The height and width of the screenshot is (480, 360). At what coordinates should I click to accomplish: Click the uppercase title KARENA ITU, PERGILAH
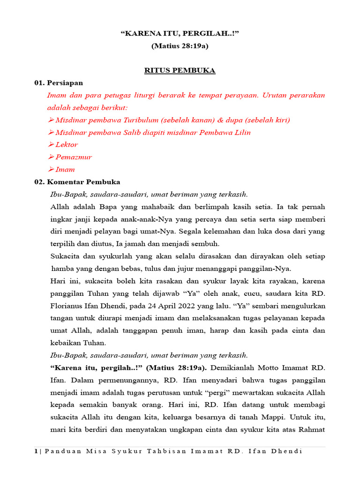coord(180,34)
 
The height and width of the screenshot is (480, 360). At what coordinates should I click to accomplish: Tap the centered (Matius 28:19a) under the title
coord(180,46)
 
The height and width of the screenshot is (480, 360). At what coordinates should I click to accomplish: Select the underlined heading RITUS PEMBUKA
coord(180,71)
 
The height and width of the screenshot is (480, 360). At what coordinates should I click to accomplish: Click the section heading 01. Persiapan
coord(59,83)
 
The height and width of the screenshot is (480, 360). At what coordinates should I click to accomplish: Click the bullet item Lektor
coord(67,145)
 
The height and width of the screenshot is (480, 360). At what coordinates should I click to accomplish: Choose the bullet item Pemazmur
coord(74,157)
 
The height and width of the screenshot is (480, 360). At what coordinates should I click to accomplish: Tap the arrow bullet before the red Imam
coord(51,170)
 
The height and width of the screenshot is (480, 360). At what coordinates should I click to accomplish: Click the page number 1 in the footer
coord(36,451)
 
